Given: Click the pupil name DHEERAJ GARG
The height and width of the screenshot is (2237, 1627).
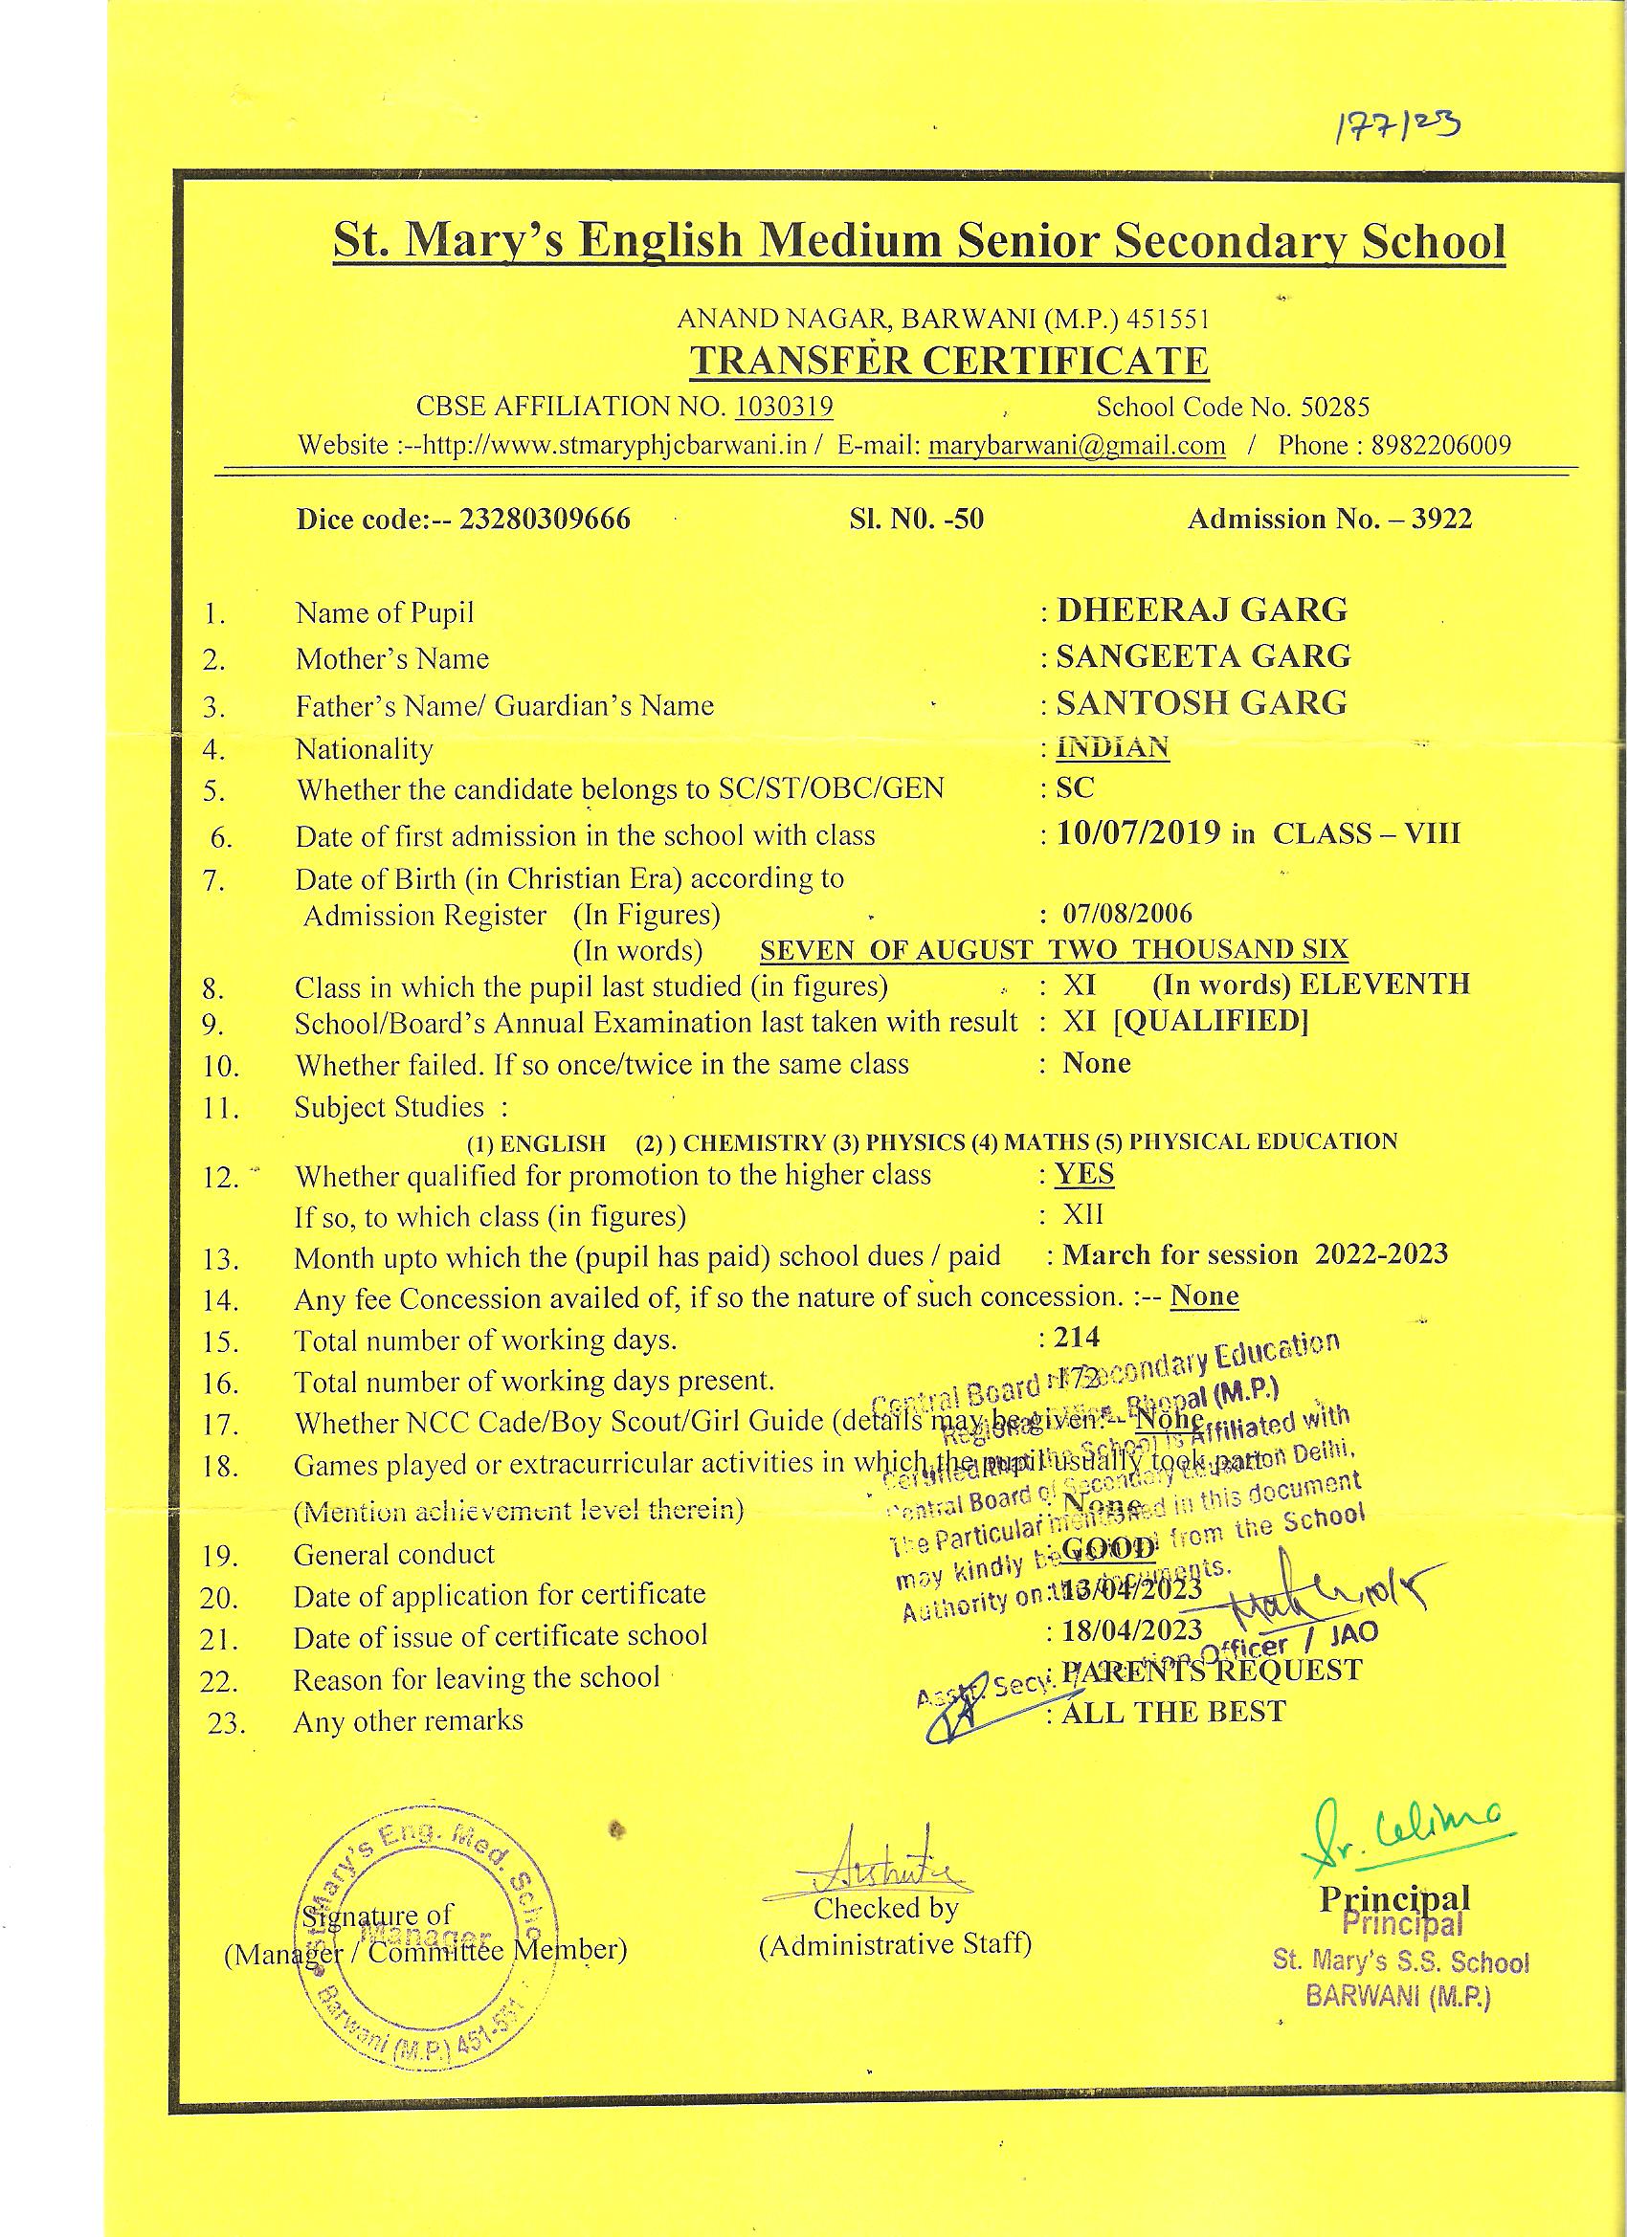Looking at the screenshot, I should coord(1202,609).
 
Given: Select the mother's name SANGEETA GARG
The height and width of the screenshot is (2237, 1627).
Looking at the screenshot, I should coord(1204,656).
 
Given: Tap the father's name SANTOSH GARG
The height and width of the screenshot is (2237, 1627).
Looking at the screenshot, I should coord(1202,702).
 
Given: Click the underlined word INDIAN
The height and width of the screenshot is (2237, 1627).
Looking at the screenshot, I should coord(1113,746).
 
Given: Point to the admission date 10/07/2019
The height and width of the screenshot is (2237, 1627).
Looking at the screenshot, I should coord(1139,834).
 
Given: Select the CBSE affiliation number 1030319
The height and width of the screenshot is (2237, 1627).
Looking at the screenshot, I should coord(785,407).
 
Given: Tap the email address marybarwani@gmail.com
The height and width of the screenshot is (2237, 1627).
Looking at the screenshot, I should coord(1077,445).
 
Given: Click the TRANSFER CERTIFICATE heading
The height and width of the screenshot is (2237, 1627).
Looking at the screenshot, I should coord(948,361).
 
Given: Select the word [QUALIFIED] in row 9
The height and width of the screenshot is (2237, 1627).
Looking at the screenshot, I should coord(1211,1021).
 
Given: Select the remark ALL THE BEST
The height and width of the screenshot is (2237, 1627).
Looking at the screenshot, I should coord(1174,1713).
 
